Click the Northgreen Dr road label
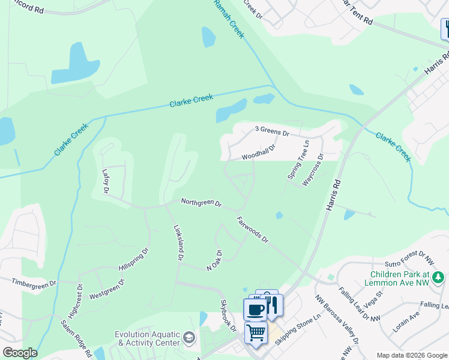[x=202, y=203]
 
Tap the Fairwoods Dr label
[x=252, y=230]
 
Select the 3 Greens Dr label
[x=272, y=130]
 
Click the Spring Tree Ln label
[x=298, y=160]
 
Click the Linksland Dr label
[x=178, y=242]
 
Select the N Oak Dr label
[x=215, y=259]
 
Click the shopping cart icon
[x=256, y=332]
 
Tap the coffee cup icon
[x=255, y=310]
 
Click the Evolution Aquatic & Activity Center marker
[x=190, y=337]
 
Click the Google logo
[x=20, y=353]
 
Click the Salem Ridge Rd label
[x=76, y=338]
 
